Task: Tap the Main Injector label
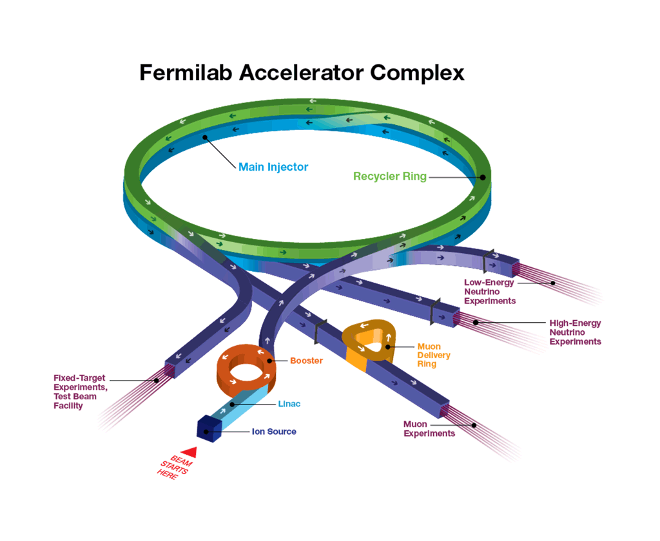pos(273,167)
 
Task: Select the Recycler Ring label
pos(389,176)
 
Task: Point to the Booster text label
pos(306,361)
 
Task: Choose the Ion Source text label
pos(274,432)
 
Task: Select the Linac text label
pos(289,404)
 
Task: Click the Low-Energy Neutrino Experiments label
pos(490,291)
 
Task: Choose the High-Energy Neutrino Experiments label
pos(575,332)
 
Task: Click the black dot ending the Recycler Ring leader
pos(481,176)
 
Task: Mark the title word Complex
pos(417,72)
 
